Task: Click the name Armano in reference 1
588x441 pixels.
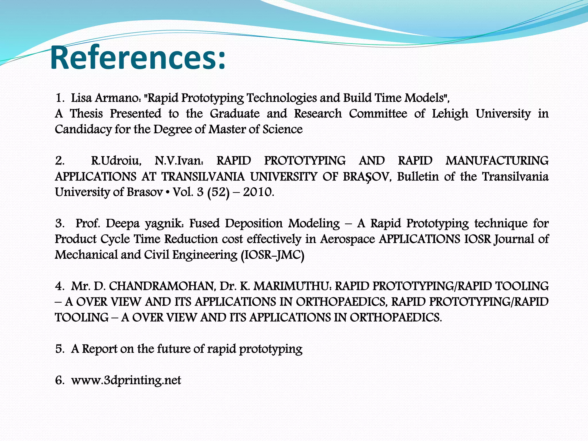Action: [117, 98]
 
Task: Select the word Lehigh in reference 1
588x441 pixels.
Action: [450, 114]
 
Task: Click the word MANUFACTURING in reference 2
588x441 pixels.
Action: [497, 161]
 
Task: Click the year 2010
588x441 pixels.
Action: [257, 192]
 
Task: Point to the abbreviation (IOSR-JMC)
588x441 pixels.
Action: [272, 255]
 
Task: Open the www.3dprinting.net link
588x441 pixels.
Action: [126, 380]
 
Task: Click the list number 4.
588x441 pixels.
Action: [59, 286]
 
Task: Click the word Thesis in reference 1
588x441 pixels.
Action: [86, 114]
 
